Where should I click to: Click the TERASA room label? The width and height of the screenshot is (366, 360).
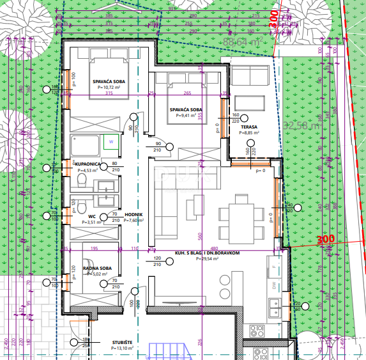click(x=248, y=127)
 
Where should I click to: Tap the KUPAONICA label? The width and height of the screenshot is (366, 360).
click(x=88, y=164)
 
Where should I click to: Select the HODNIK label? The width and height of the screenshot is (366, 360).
click(x=134, y=215)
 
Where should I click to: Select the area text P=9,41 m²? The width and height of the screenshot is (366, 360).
click(x=186, y=116)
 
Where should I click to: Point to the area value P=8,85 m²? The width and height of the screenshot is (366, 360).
click(x=248, y=134)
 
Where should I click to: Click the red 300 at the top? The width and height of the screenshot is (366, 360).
click(x=274, y=18)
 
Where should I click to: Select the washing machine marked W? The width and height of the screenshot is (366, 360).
click(x=110, y=140)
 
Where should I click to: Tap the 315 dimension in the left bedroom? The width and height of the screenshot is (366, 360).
click(x=109, y=93)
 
